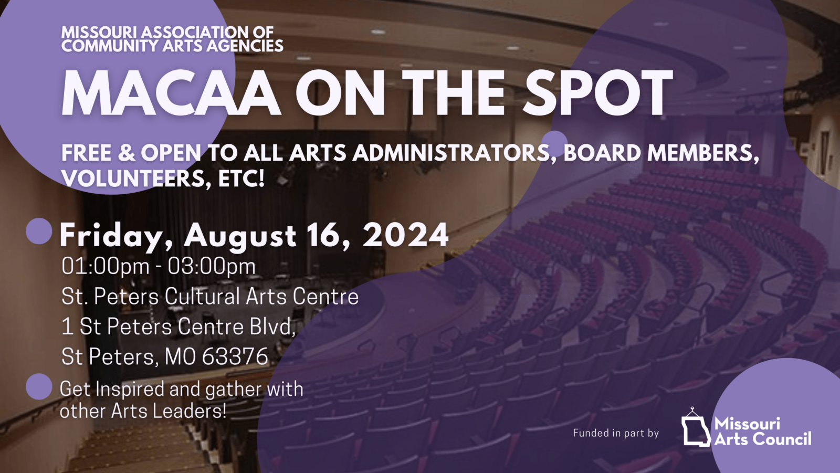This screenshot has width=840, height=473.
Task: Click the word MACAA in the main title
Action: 171,92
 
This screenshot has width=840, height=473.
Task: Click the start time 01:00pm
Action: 106,266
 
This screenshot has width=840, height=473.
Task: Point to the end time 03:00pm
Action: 212,266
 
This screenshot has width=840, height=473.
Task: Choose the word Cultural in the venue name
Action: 202,296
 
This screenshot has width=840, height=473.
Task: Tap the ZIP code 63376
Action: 235,356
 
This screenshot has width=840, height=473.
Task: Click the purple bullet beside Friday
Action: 39,231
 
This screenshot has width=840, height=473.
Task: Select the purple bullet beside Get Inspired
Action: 39,386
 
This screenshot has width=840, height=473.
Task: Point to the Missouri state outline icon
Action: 696,429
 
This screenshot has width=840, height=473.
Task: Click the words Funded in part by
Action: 616,433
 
